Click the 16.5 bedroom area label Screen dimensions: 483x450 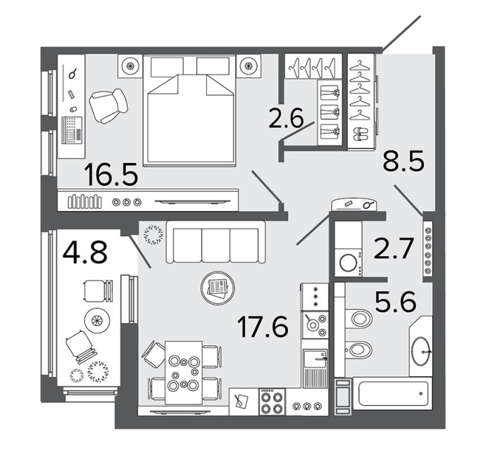(x=112, y=174)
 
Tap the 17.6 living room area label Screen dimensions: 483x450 (x=263, y=326)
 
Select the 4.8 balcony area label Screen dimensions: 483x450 (x=84, y=252)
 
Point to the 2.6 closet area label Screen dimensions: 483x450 (x=286, y=117)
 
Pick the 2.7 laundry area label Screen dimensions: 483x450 (x=392, y=248)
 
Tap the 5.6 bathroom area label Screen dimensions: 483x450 (x=396, y=302)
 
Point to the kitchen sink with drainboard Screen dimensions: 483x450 (x=315, y=368)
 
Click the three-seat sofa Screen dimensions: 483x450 (x=215, y=242)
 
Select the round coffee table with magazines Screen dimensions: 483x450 (x=218, y=288)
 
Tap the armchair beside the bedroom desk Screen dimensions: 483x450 (x=108, y=105)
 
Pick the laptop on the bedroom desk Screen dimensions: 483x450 (x=72, y=130)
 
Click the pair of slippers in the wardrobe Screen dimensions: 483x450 (x=360, y=134)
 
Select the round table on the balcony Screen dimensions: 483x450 (x=97, y=321)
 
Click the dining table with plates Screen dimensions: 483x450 (x=184, y=373)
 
